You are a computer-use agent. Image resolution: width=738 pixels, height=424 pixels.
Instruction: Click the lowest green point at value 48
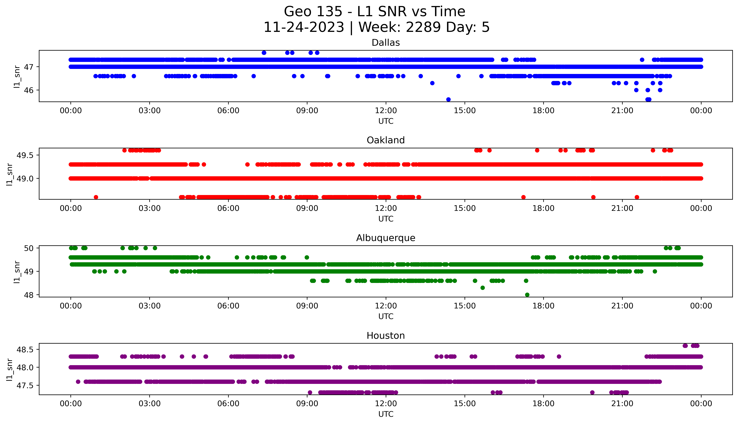527,295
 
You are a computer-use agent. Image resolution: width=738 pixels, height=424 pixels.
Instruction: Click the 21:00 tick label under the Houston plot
622,404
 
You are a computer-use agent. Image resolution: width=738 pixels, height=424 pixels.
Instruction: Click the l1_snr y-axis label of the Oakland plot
10,174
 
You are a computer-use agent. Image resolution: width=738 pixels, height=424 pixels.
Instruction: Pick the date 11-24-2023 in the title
304,27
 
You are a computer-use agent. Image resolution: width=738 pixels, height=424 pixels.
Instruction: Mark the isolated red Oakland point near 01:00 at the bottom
96,197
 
